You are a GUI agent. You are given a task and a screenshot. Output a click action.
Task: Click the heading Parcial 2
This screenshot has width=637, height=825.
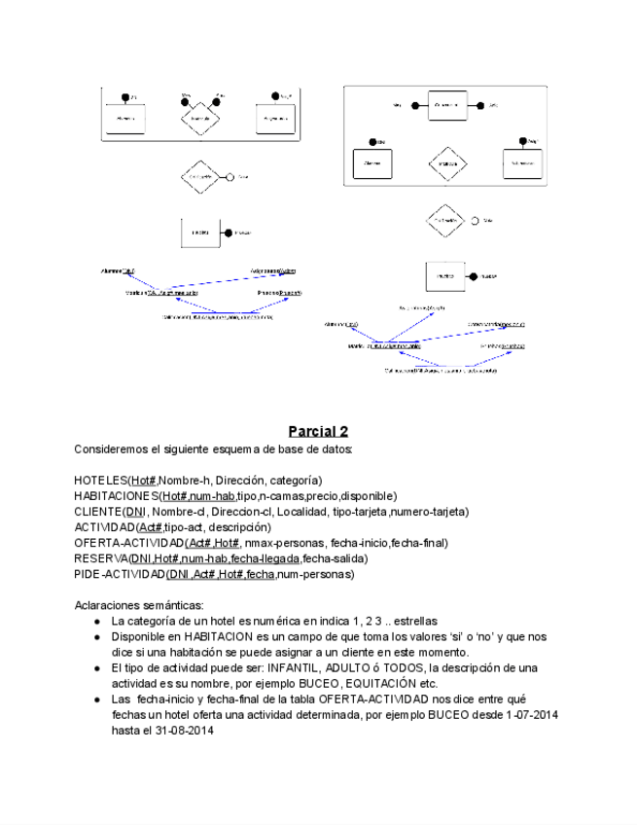coord(318,431)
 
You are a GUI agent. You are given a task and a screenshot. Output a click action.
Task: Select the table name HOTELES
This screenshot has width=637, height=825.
coord(101,480)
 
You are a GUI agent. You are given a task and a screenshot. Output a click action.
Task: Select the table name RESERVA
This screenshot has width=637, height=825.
coord(100,557)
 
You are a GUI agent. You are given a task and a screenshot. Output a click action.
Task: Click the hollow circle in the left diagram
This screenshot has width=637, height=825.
coord(230,177)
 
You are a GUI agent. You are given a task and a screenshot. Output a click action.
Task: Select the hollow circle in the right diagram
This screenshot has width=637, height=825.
coord(475,221)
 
